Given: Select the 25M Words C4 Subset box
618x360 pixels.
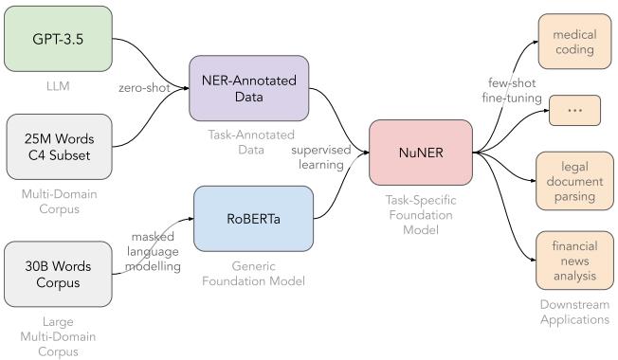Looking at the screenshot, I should pos(59,147).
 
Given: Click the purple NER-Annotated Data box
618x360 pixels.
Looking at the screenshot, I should pos(249,88).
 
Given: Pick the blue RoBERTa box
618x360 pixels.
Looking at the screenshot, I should pos(253,219).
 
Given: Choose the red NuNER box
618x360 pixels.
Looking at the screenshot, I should pos(420,152).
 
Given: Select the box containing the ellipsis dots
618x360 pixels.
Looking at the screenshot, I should pos(574,110).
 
